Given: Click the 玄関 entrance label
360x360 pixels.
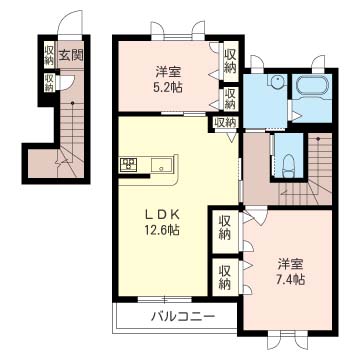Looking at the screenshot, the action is [x=71, y=55].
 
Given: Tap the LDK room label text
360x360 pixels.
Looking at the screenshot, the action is [x=162, y=215].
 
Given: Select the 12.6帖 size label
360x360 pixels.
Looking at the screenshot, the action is [x=163, y=229].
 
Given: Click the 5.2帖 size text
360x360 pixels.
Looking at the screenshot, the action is [x=168, y=87].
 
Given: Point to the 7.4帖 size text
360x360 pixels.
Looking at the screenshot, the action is [x=291, y=279].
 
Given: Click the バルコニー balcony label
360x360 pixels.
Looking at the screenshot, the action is [x=182, y=316].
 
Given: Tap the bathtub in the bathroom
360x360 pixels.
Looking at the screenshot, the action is [x=312, y=87].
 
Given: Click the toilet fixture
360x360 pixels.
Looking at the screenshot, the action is [x=288, y=167].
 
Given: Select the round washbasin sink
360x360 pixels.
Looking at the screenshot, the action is [x=276, y=82].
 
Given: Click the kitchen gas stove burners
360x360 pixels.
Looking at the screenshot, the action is [x=128, y=165].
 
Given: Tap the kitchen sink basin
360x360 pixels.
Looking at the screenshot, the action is [x=161, y=165].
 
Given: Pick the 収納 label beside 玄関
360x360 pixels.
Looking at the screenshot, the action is [x=49, y=54].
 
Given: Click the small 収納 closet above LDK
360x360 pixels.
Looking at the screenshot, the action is [x=226, y=122].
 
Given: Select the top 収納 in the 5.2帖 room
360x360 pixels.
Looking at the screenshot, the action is [x=230, y=61].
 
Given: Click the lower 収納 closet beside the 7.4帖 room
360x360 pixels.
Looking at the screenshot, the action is [x=225, y=277].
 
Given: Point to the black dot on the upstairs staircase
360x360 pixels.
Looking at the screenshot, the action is [x=318, y=139].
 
